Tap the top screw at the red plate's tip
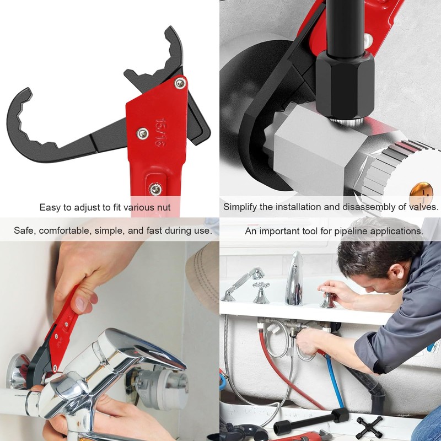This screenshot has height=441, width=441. (x=180, y=83)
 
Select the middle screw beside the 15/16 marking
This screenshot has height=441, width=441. (x=143, y=133)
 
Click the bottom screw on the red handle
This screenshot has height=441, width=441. (x=156, y=189)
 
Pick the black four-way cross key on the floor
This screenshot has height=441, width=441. (x=369, y=426)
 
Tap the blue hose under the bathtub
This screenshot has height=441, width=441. (x=335, y=380)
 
